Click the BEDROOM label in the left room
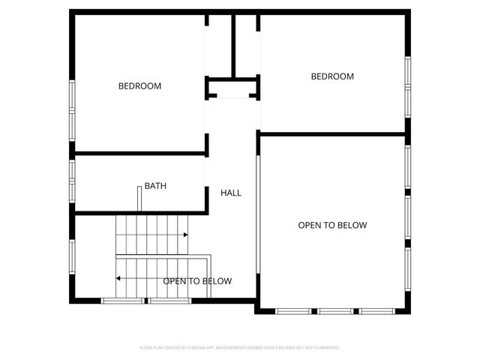139,86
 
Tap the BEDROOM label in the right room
332,76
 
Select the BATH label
156,186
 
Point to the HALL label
231,193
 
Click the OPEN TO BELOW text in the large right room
332,225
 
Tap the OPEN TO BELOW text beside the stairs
197,281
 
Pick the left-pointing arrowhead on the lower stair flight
118,278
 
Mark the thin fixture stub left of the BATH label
139,198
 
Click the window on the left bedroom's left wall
72,109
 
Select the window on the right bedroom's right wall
409,88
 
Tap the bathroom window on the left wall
72,181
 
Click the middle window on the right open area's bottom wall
336,310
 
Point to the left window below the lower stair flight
122,301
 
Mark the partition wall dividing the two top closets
233,45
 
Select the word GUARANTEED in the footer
326,348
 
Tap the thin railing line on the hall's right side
257,217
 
